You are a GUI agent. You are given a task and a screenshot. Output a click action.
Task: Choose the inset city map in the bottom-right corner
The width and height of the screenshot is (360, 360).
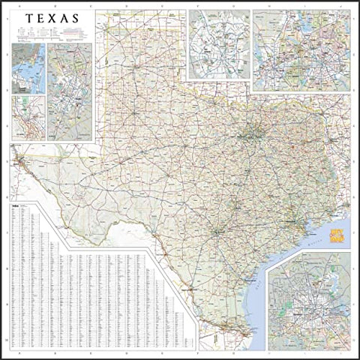(x=309, y=300)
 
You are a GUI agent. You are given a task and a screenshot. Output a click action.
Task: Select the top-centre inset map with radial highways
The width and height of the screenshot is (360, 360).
(x=218, y=44)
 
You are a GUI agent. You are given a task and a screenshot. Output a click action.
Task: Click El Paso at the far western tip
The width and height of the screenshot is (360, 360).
(x=21, y=159)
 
